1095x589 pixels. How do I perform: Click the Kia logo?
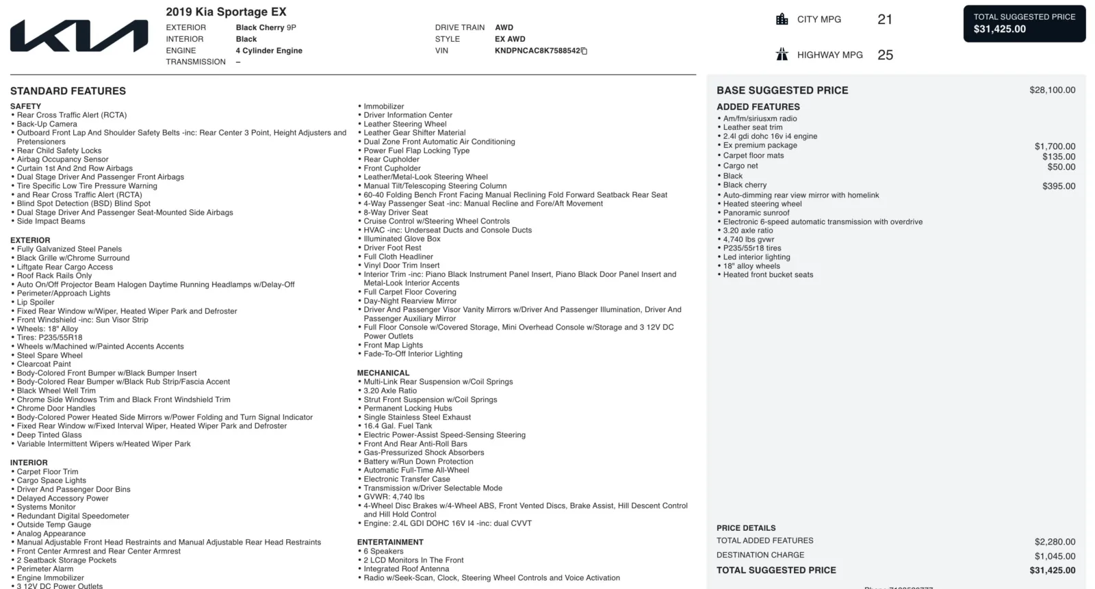pyautogui.click(x=79, y=36)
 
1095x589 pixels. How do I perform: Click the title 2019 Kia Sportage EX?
pyautogui.click(x=226, y=12)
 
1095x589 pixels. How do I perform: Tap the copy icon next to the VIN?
pyautogui.click(x=584, y=51)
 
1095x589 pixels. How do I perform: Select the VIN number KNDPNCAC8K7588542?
pyautogui.click(x=537, y=51)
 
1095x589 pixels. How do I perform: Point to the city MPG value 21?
pyautogui.click(x=885, y=20)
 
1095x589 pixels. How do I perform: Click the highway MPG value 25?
pyautogui.click(x=885, y=55)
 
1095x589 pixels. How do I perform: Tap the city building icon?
pyautogui.click(x=782, y=19)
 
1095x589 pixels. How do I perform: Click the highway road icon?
pyautogui.click(x=782, y=55)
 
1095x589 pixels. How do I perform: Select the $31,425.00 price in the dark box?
pyautogui.click(x=1000, y=29)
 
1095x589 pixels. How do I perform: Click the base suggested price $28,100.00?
pyautogui.click(x=1052, y=90)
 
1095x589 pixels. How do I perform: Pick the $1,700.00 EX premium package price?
pyautogui.click(x=1055, y=146)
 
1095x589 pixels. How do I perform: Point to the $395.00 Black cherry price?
pyautogui.click(x=1059, y=186)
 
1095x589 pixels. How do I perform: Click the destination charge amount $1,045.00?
pyautogui.click(x=1055, y=556)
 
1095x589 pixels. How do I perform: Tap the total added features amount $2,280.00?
pyautogui.click(x=1055, y=542)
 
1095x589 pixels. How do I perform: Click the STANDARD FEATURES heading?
pyautogui.click(x=68, y=91)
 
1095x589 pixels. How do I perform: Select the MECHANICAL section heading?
pyautogui.click(x=383, y=373)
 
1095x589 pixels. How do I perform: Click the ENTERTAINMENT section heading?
pyautogui.click(x=390, y=542)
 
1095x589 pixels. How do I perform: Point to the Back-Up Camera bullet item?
pyautogui.click(x=47, y=124)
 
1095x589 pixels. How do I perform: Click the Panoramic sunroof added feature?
pyautogui.click(x=756, y=213)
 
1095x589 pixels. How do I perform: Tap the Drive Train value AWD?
pyautogui.click(x=504, y=27)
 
